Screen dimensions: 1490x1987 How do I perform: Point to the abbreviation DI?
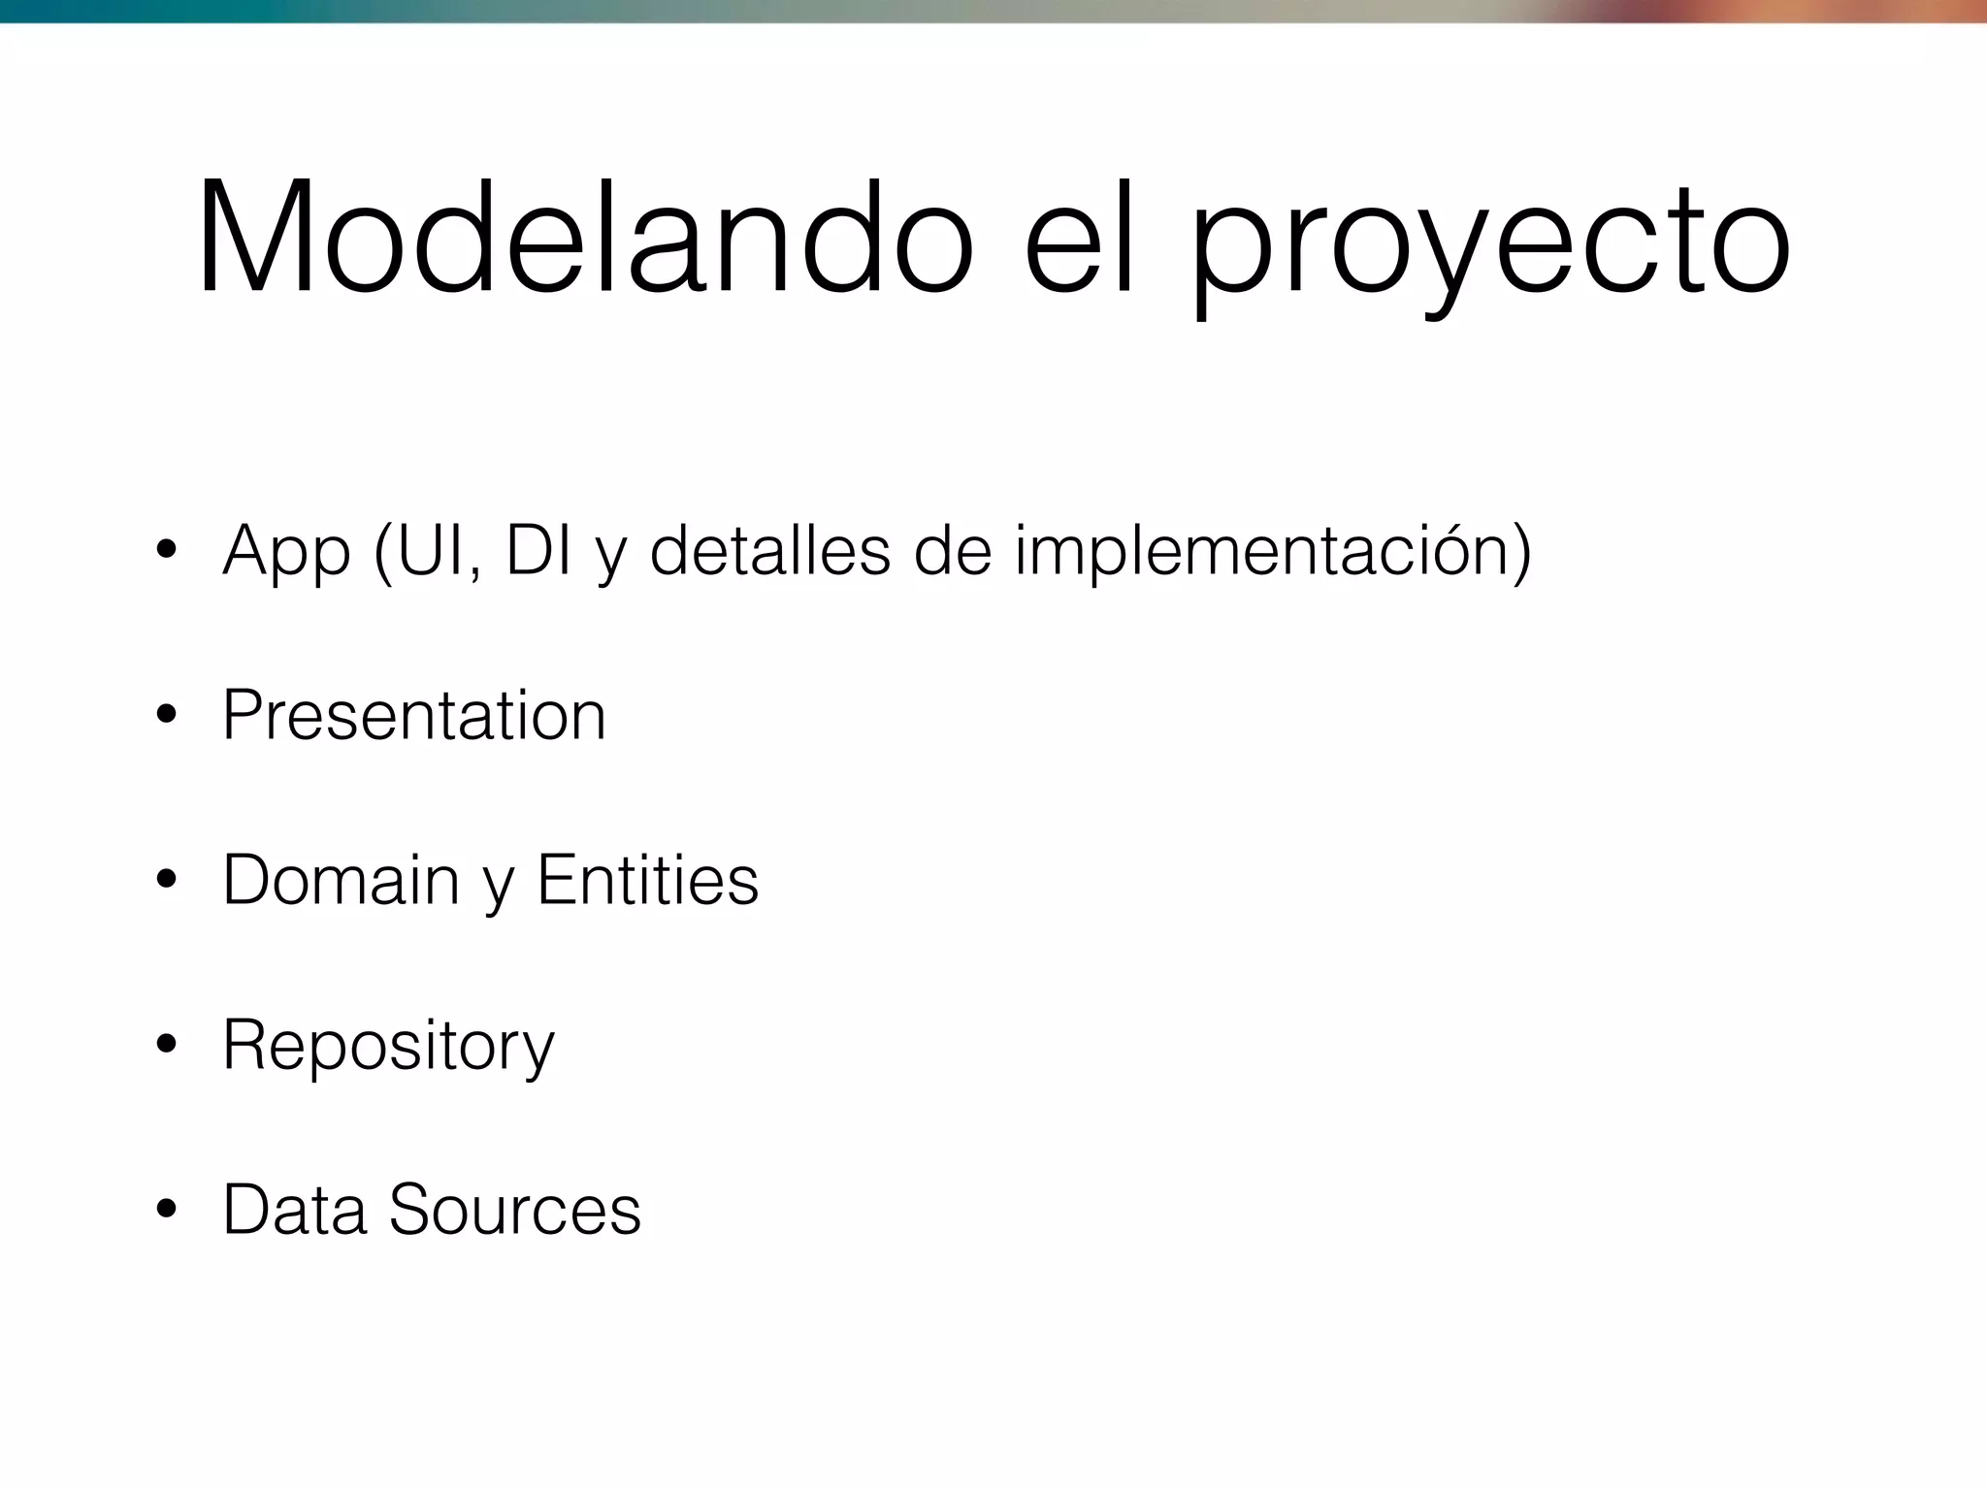point(538,550)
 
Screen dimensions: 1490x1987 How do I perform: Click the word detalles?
point(769,550)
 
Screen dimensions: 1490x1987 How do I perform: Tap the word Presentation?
point(414,716)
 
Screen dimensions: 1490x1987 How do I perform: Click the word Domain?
point(341,881)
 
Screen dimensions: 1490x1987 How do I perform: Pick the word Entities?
point(647,881)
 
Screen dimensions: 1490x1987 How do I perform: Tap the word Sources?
point(515,1211)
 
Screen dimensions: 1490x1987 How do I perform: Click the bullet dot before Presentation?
point(166,716)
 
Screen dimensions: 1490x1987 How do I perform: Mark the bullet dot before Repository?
point(166,1046)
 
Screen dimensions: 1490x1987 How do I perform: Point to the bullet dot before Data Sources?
point(166,1211)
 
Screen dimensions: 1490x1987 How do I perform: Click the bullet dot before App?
point(166,551)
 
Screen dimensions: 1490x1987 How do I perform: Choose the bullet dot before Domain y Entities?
point(166,881)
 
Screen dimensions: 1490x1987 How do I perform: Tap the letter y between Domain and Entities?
point(497,887)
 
